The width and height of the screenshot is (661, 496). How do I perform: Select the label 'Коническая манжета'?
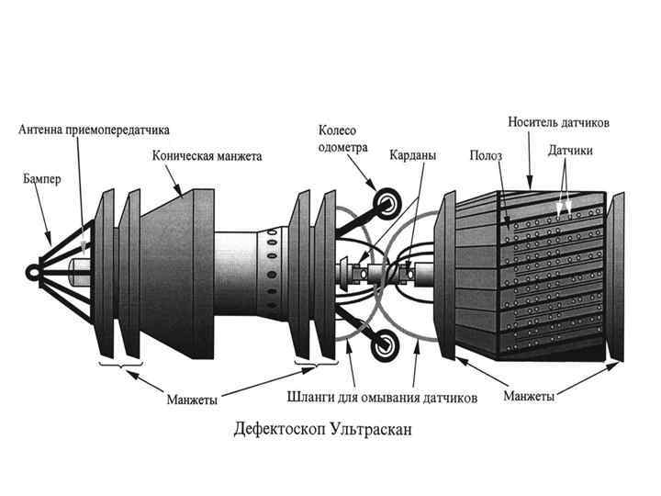pos(207,156)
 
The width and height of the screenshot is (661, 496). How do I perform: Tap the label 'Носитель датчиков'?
pos(559,122)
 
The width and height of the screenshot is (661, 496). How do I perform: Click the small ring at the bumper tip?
pos(34,272)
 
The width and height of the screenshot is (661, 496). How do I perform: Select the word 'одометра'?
pos(342,146)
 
